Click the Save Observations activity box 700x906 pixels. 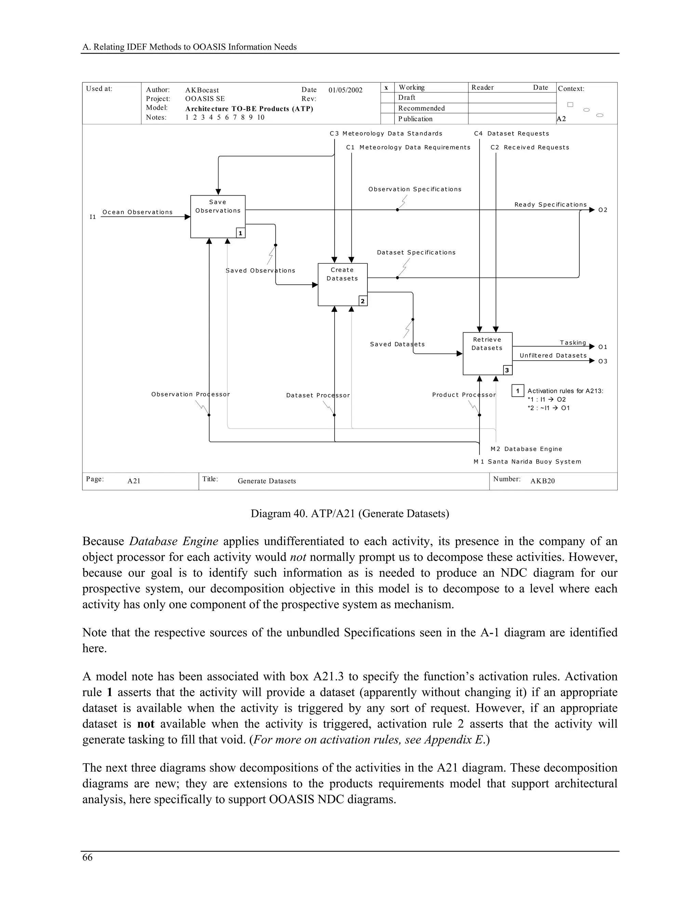click(x=218, y=216)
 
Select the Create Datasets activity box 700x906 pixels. click(x=342, y=284)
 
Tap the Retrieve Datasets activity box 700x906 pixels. click(x=487, y=354)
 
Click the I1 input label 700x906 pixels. click(x=93, y=217)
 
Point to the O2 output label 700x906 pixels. click(x=603, y=210)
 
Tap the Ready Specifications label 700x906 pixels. click(x=550, y=204)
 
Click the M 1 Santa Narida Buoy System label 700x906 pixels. click(x=527, y=462)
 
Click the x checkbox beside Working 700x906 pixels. click(x=387, y=88)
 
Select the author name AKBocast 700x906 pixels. click(x=202, y=90)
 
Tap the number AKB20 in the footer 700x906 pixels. click(x=542, y=481)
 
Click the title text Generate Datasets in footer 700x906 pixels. click(x=267, y=481)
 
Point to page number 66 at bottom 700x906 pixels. click(x=87, y=857)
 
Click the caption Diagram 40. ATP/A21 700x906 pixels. click(x=350, y=514)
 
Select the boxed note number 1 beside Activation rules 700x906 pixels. click(x=517, y=391)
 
